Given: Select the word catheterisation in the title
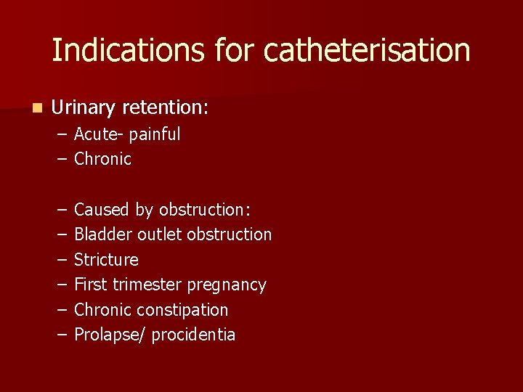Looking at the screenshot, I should coord(367,50).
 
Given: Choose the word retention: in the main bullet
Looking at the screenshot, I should coord(166,108).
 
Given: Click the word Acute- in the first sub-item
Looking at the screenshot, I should coord(99,134).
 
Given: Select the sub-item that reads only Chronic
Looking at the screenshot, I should coord(102,159).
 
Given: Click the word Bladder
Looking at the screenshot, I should coord(102,234).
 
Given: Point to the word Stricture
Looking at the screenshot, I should coord(106,260).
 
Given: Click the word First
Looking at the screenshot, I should coord(91,285).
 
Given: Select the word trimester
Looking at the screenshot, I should coord(147,285).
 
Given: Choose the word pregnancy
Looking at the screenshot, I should coord(227,285).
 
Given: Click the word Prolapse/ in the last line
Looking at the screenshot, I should coord(108,335).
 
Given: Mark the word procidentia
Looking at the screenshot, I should coord(194,335).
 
